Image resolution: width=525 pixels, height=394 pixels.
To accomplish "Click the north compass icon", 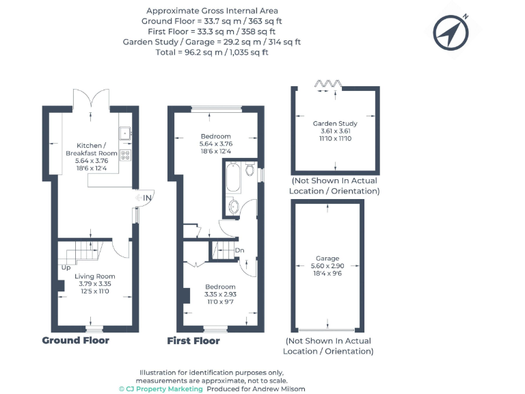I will click(451, 31).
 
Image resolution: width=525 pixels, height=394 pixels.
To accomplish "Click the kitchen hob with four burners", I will click(125, 155).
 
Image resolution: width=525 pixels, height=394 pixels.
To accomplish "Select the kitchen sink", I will click(124, 133).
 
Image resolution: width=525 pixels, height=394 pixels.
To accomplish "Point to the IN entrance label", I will click(146, 198).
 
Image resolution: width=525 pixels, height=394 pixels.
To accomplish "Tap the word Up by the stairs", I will click(66, 267).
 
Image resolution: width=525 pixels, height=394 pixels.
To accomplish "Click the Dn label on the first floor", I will click(239, 250).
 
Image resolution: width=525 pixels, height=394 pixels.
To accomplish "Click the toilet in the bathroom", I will click(250, 169).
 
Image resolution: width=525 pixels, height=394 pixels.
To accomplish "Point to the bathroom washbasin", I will click(234, 207).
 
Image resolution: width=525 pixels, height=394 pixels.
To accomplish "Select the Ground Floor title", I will click(75, 340).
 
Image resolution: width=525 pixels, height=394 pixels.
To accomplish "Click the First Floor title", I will click(193, 340).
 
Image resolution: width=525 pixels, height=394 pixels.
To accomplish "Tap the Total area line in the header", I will click(212, 52).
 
